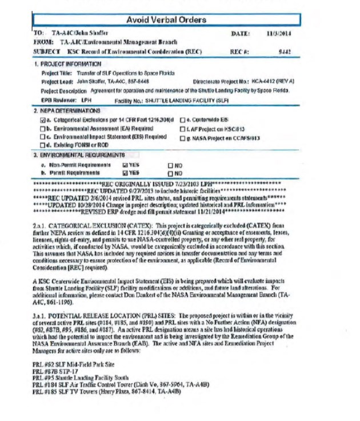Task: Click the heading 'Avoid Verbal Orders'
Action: [x=166, y=20]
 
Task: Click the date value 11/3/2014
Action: [x=279, y=34]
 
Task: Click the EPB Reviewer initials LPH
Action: [x=86, y=100]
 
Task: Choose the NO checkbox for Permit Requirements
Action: [x=170, y=172]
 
